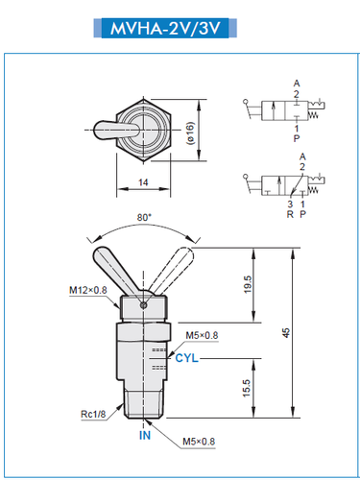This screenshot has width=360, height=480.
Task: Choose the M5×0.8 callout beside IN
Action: click(202, 443)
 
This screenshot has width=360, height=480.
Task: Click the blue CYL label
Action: click(188, 357)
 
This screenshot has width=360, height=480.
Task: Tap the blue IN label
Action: click(145, 436)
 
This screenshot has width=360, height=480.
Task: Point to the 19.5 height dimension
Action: click(248, 286)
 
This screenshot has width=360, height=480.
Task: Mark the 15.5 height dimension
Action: click(248, 387)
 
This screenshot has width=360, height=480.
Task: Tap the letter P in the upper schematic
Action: click(296, 136)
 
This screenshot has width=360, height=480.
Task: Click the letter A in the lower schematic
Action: click(302, 156)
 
